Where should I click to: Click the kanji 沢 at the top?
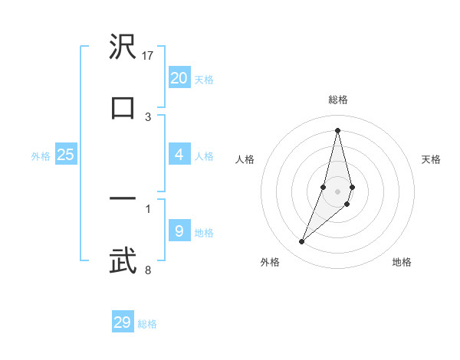click(x=123, y=47)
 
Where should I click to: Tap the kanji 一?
click(x=123, y=199)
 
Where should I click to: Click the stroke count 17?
click(x=149, y=55)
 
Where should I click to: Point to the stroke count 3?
click(x=148, y=116)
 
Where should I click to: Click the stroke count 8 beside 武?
click(x=148, y=270)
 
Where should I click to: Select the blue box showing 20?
click(x=179, y=77)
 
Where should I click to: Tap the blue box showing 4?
click(x=179, y=155)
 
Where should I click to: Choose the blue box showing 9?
click(x=179, y=231)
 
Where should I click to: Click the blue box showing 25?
click(x=66, y=155)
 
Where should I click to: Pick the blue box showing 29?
click(x=123, y=322)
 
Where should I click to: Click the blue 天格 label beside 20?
click(x=204, y=80)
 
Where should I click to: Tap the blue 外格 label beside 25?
click(x=41, y=156)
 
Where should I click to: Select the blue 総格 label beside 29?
click(x=148, y=324)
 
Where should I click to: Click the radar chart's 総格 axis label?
click(x=337, y=100)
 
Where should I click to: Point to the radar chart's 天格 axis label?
click(x=431, y=159)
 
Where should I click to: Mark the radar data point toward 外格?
click(x=301, y=242)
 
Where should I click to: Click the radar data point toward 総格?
click(x=337, y=130)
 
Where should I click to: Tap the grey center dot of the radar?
click(x=337, y=191)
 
